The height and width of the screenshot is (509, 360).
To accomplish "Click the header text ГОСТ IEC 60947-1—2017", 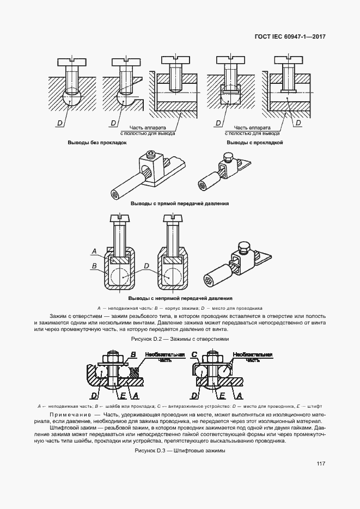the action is click(290, 36).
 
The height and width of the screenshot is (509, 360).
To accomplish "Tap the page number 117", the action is click(321, 464).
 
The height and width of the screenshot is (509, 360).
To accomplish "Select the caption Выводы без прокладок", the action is click(97, 143).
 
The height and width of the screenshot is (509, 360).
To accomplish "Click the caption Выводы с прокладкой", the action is click(254, 143).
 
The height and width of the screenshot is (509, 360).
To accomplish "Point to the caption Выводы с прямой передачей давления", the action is click(180, 204).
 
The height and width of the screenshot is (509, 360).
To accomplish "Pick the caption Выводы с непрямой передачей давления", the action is click(180, 298).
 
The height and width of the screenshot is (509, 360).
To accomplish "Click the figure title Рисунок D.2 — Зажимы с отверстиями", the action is click(180, 339).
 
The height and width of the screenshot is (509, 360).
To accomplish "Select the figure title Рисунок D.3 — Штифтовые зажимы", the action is click(180, 451).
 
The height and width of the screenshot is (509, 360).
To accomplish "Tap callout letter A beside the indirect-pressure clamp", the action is click(94, 251).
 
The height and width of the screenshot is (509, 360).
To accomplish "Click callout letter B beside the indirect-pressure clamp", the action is click(94, 266).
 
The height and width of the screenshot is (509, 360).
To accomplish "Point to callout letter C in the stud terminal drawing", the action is click(194, 354).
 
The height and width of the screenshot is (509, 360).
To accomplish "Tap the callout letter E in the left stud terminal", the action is click(123, 395).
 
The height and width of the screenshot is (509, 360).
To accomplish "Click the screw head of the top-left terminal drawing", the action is click(70, 62).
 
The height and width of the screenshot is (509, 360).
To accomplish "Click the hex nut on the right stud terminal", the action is click(213, 359).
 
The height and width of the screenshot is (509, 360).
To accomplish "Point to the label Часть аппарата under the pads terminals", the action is click(252, 127).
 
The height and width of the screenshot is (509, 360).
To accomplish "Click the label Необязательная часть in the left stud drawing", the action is click(165, 357).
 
